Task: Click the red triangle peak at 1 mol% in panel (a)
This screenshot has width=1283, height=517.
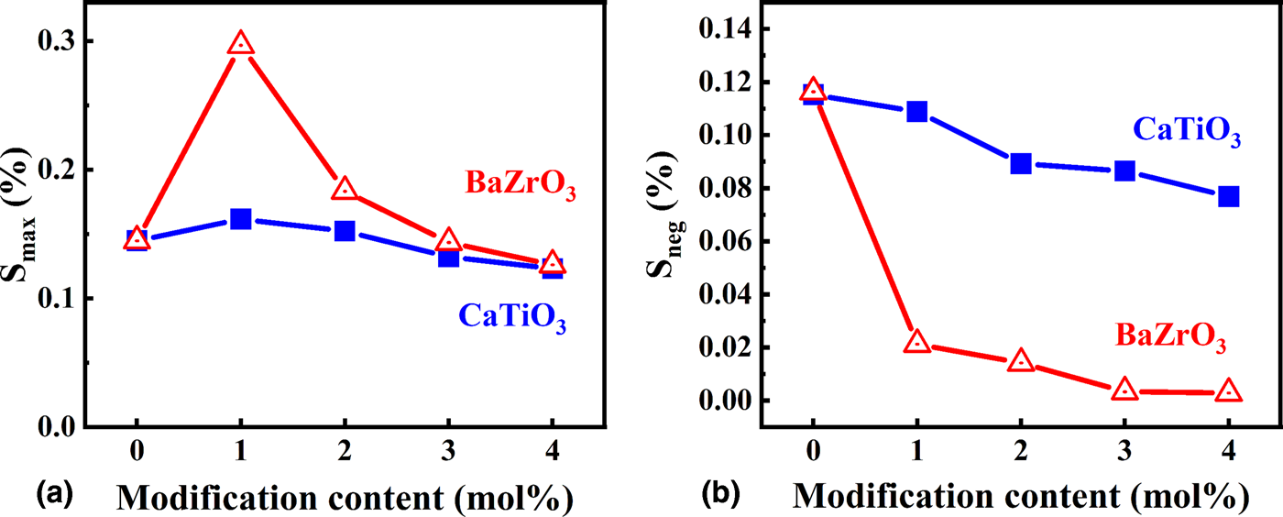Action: click(240, 44)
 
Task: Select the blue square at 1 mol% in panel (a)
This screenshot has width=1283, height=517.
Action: click(240, 219)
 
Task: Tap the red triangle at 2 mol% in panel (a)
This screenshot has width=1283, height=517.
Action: click(345, 190)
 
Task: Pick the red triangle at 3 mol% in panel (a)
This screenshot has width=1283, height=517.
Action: click(448, 241)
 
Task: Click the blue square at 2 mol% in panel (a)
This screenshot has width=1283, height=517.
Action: click(345, 231)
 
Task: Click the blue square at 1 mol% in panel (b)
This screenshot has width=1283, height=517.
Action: click(916, 112)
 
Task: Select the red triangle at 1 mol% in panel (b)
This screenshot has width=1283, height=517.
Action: click(916, 343)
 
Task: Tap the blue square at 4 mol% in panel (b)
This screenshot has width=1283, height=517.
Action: click(1228, 196)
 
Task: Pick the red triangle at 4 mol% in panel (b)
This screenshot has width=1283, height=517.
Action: click(1228, 391)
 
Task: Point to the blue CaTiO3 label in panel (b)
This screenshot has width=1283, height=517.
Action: click(1187, 131)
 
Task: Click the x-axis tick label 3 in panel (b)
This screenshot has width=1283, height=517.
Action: click(1124, 454)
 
